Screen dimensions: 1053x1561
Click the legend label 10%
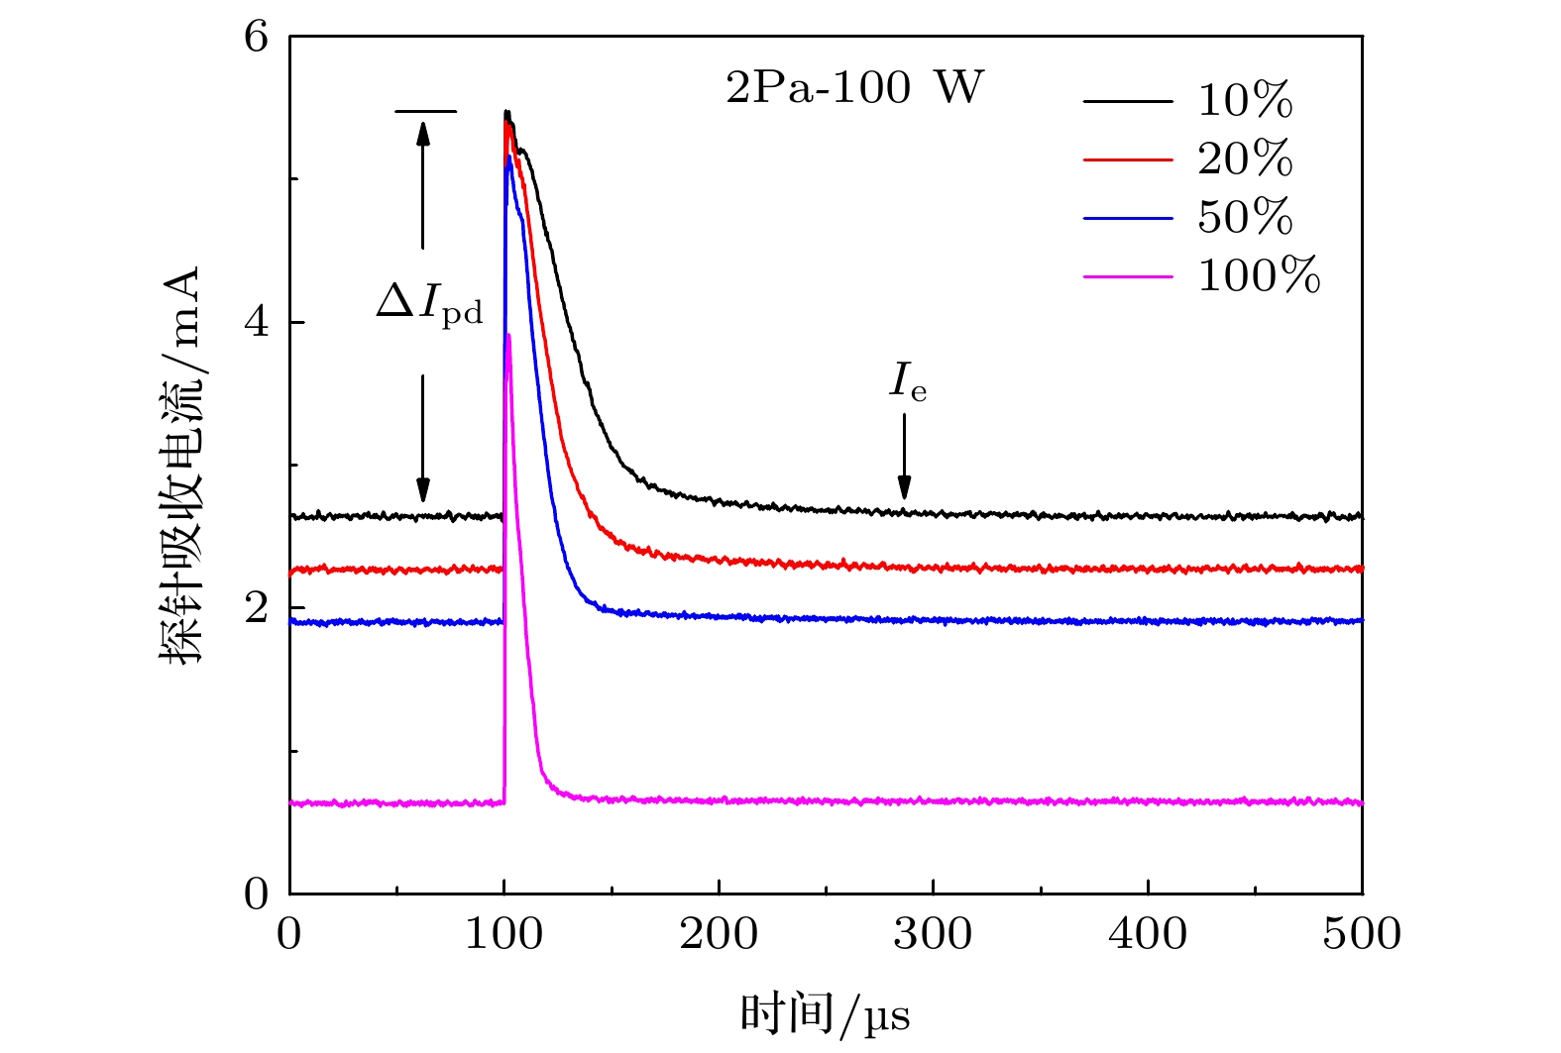point(1245,101)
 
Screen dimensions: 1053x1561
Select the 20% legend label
point(1245,158)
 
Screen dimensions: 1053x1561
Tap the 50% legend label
point(1245,217)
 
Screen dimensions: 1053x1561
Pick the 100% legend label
point(1259,275)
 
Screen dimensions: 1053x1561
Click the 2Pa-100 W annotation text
point(854,88)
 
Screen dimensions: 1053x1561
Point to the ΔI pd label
point(429,302)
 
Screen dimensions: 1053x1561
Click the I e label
point(907,382)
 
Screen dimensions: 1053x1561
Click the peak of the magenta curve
point(508,336)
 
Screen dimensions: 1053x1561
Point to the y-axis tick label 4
point(256,322)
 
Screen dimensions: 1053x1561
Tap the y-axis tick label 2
point(256,607)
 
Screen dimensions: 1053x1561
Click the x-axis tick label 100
point(503,934)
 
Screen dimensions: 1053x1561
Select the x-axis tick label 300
point(933,934)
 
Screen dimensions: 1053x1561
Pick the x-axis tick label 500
point(1362,934)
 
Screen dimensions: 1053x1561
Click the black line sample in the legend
point(1127,101)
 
